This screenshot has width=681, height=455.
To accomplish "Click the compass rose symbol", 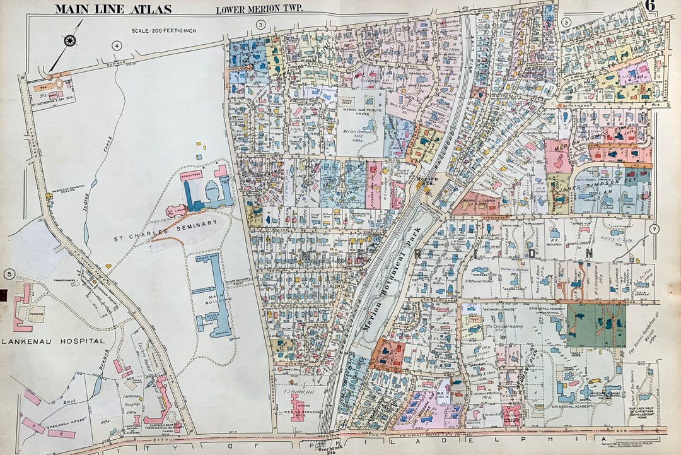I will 69,40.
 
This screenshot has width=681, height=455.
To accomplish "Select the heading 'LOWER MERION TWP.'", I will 259,9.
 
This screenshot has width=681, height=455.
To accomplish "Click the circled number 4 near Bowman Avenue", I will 117,45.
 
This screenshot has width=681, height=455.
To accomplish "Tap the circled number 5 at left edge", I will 9,273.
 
